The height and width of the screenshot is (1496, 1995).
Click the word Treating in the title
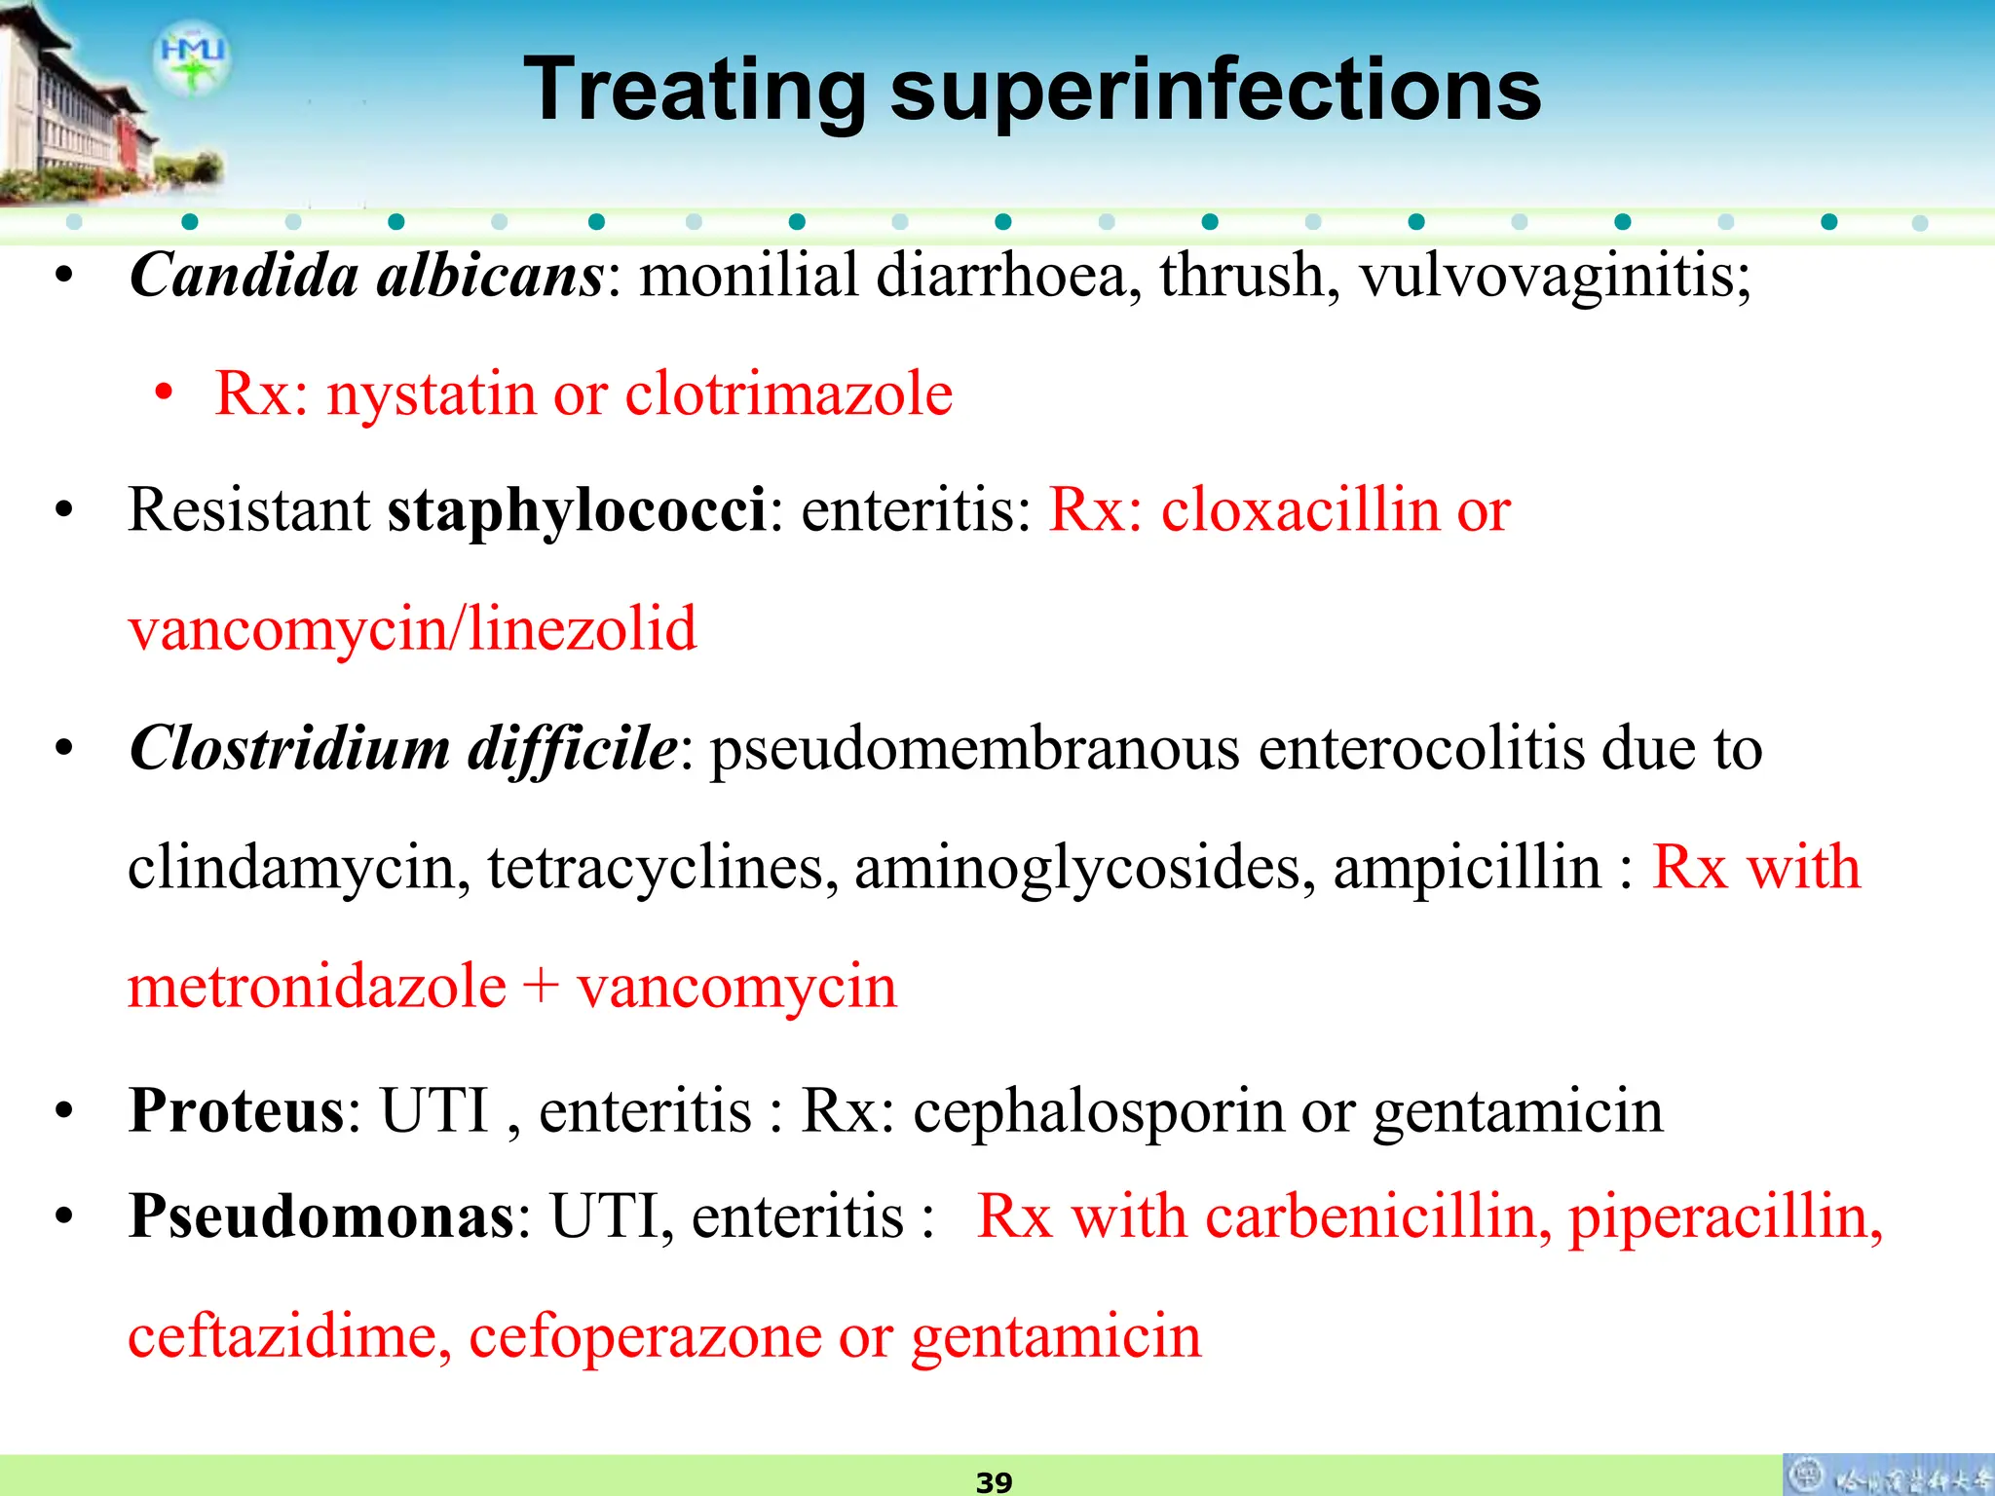pos(694,90)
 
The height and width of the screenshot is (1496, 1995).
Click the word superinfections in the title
pos(1216,90)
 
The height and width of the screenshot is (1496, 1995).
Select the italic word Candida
pos(245,275)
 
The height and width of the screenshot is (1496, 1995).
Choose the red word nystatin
pos(432,394)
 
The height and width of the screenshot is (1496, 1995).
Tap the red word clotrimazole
pos(788,394)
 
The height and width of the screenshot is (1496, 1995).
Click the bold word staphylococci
pos(577,511)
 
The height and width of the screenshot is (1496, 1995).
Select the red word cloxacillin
pos(1299,510)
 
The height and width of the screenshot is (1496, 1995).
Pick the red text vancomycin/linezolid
pos(412,629)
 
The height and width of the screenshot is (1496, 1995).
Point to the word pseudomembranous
pos(974,750)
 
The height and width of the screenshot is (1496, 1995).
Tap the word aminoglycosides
pos(1077,868)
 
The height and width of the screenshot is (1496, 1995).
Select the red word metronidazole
pos(317,986)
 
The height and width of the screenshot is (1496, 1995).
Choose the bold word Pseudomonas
pos(321,1216)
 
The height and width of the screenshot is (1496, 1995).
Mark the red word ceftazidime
pos(289,1336)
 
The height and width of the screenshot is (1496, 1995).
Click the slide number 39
pos(994,1482)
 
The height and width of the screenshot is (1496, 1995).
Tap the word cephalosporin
pos(1099,1111)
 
